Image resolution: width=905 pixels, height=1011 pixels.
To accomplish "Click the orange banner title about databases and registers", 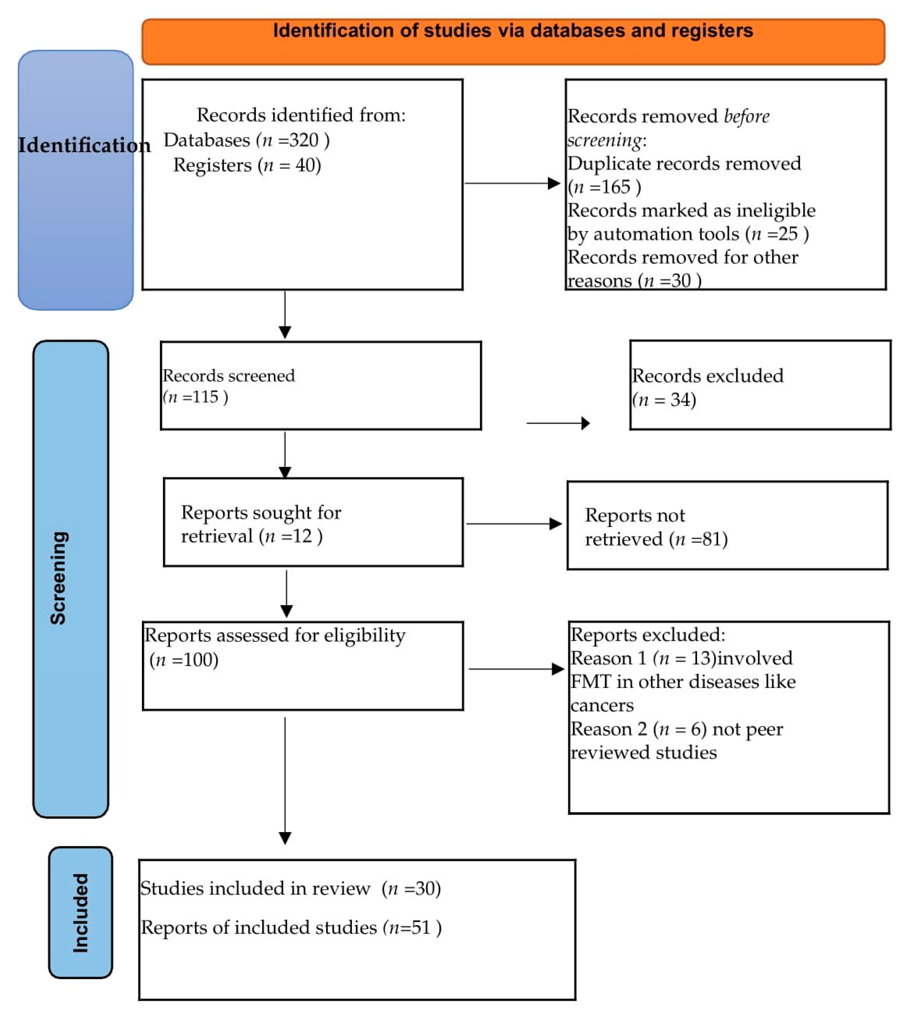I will pyautogui.click(x=513, y=31).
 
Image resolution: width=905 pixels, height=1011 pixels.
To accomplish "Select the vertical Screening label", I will pyautogui.click(x=59, y=577).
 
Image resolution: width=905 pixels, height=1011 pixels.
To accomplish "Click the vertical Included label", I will pyautogui.click(x=81, y=913).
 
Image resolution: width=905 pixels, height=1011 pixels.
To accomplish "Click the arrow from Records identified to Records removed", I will pyautogui.click(x=512, y=183).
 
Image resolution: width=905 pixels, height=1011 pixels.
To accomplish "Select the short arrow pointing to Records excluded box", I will pyautogui.click(x=558, y=423).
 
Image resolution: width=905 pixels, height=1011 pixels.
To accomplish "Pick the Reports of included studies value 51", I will pyautogui.click(x=420, y=927).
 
